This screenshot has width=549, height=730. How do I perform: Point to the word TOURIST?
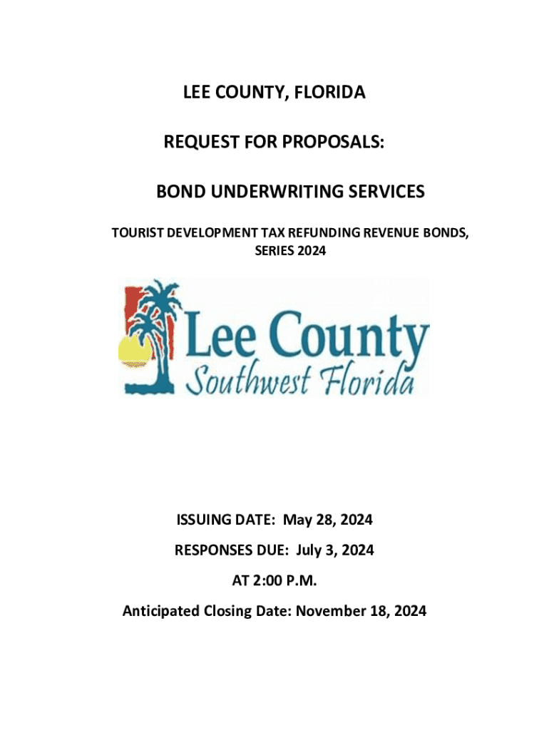tap(138, 233)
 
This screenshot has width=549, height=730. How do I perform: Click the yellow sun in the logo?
tap(133, 350)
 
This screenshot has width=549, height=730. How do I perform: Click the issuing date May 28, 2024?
tap(328, 520)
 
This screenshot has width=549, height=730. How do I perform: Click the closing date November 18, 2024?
tap(361, 611)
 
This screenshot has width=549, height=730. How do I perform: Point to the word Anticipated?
tap(161, 611)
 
